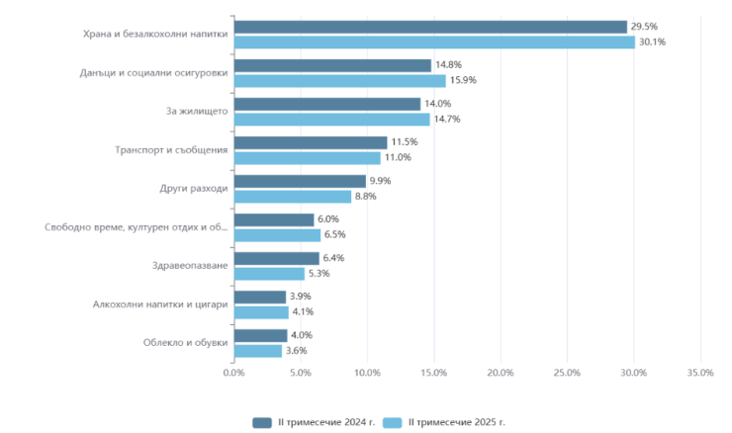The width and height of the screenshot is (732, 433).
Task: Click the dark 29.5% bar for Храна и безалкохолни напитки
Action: (x=430, y=27)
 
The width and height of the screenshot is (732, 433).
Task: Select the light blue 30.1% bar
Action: (x=434, y=43)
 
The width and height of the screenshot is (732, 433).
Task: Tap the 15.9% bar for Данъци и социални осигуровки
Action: (x=339, y=81)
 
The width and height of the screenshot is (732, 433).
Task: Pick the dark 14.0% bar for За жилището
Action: (x=327, y=104)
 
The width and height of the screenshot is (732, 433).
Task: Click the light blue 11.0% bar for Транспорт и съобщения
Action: (x=307, y=158)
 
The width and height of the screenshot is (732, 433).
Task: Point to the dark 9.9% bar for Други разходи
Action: (x=300, y=181)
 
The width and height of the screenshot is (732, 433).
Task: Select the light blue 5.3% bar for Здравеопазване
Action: (x=269, y=274)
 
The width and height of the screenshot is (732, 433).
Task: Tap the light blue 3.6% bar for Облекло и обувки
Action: (x=258, y=351)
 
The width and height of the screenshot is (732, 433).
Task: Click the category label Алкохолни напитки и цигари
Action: (x=161, y=304)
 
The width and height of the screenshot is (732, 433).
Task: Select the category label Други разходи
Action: (x=194, y=189)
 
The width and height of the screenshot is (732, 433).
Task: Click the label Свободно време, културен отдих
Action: (x=137, y=227)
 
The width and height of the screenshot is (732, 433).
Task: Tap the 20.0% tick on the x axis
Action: (x=501, y=373)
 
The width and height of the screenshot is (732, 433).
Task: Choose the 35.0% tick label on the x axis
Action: (x=699, y=373)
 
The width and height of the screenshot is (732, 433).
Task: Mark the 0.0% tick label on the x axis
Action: (x=234, y=373)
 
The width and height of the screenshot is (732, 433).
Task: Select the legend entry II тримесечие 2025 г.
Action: (x=447, y=422)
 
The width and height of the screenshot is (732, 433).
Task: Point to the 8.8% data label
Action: (x=365, y=197)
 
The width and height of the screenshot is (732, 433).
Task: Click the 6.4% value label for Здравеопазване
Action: (x=333, y=258)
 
